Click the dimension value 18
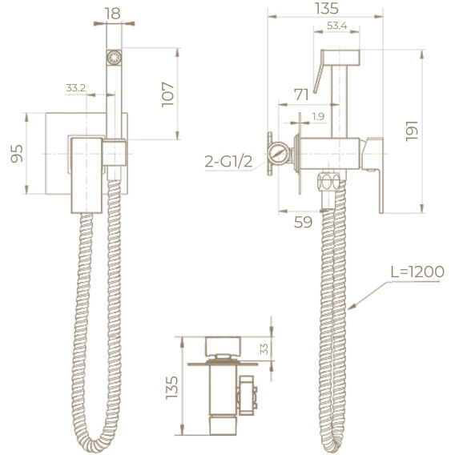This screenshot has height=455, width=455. point(113,14)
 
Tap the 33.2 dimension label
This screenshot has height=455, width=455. point(76,87)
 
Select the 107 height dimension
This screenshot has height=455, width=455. point(167,95)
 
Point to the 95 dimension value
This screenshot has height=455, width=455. point(17,154)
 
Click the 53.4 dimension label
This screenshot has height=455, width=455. point(337,26)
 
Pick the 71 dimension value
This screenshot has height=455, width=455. point(301,95)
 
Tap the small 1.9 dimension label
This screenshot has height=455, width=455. point(318,116)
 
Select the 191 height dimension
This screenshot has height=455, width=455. point(411,131)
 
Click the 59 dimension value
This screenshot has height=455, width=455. point(303,222)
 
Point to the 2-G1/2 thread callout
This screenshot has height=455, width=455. point(228,161)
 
